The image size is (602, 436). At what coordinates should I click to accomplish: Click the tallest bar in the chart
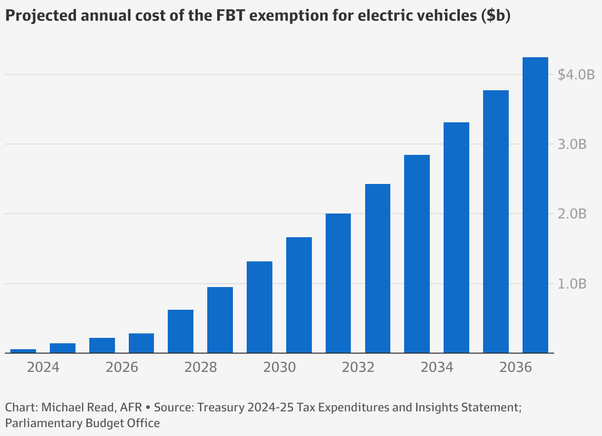(535, 205)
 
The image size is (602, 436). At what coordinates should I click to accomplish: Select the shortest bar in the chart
(23, 351)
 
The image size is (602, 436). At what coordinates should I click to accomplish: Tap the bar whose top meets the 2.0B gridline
(338, 284)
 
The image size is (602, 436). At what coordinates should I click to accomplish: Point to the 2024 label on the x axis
(43, 368)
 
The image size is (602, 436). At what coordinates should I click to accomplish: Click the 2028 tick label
(200, 368)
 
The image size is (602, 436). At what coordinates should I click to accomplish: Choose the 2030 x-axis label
(279, 368)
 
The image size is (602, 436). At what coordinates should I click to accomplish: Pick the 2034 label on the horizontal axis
(437, 368)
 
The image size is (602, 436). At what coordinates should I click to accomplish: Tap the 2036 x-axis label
(516, 368)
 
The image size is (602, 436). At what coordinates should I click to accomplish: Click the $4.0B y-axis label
(576, 75)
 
